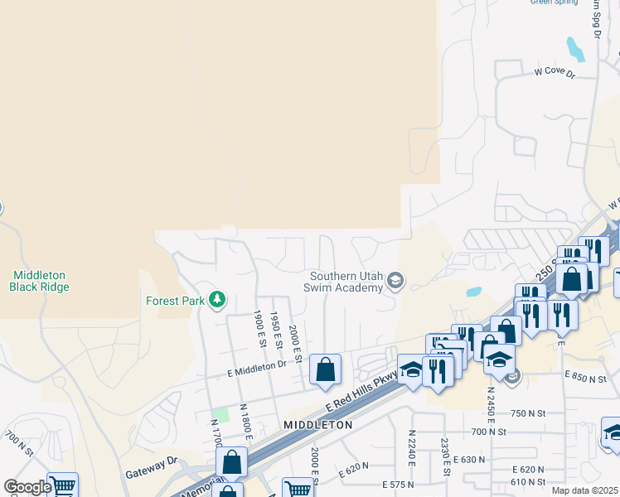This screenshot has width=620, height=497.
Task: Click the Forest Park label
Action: coord(175,301)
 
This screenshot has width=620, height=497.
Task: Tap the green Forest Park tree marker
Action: coord(217,298)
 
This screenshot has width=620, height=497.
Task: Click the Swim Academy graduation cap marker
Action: coord(395,282)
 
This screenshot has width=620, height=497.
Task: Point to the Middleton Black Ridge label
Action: coord(39,281)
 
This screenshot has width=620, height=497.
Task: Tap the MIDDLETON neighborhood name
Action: coord(317,424)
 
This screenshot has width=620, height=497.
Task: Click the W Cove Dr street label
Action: coord(554,73)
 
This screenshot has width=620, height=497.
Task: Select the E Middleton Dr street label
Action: coord(256,369)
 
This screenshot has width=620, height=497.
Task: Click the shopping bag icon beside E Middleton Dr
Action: coord(325,369)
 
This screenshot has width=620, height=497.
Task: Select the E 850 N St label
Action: coord(590,377)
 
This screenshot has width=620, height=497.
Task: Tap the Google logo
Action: coord(27,486)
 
